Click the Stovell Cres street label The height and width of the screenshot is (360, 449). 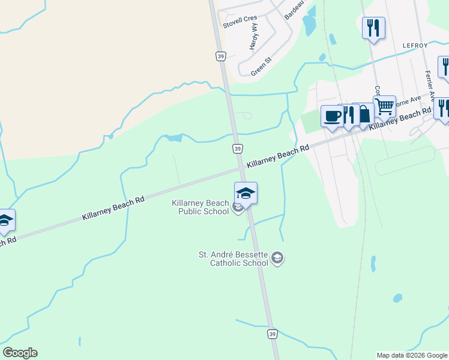point(240,22)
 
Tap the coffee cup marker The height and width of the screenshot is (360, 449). point(332,116)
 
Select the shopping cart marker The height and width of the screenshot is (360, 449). point(385,107)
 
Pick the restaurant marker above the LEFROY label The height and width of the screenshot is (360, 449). point(373,28)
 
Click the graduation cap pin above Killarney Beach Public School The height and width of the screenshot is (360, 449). point(246,193)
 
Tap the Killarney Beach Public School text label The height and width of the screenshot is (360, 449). point(200,207)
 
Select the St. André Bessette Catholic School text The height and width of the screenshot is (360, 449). point(233,259)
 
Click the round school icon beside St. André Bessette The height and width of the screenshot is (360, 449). point(277,258)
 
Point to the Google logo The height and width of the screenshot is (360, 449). point(20,353)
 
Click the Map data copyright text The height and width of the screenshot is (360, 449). point(411,355)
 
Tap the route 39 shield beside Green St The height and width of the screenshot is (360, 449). point(220,55)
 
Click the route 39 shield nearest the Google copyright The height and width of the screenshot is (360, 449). point(273,334)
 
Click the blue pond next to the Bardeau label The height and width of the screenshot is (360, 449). point(309,24)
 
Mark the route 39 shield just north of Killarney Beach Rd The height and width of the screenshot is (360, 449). point(238,149)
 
